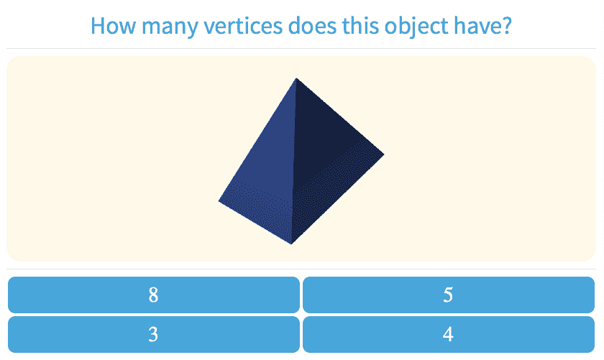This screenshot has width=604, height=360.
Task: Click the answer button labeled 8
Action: [154, 295]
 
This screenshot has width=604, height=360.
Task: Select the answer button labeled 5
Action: [449, 295]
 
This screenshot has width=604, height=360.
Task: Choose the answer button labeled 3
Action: [154, 335]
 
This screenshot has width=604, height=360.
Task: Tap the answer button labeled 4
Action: [449, 335]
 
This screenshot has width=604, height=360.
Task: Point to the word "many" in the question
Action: [170, 28]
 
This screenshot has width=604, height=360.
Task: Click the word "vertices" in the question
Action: [243, 26]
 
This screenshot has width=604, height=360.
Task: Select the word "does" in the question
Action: [313, 26]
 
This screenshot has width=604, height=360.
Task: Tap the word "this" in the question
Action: [360, 26]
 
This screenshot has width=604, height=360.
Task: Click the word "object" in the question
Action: [416, 27]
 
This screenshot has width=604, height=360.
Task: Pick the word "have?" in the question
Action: [482, 26]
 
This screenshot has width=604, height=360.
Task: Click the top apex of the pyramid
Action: [296, 78]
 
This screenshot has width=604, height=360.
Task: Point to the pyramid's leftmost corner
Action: [219, 200]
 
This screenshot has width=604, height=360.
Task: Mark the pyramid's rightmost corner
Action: [384, 154]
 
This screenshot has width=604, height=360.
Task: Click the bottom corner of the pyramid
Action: [292, 244]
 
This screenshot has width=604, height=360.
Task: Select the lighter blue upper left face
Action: [270, 147]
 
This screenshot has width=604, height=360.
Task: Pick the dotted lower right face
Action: [331, 193]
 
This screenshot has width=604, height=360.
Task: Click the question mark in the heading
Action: [506, 26]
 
